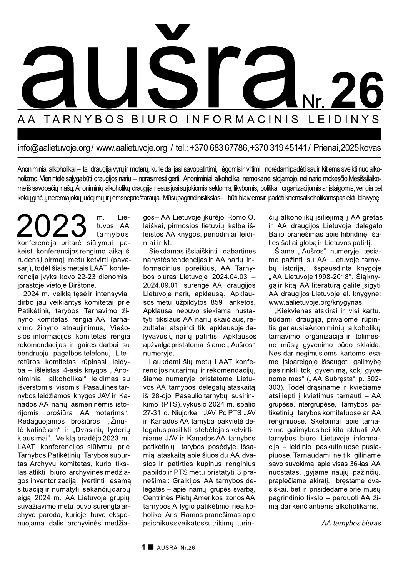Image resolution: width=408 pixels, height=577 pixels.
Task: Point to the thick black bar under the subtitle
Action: (x=199, y=134)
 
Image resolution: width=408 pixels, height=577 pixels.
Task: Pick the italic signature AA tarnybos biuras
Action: (x=351, y=523)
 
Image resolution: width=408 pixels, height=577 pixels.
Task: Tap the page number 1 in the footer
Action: (x=144, y=547)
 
